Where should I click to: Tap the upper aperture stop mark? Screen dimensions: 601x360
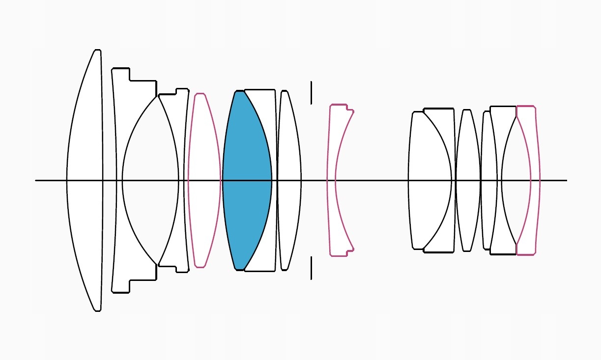click(x=311, y=93)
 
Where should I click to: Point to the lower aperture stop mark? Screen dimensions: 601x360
click(x=311, y=268)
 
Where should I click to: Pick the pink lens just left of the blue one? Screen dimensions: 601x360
click(x=204, y=180)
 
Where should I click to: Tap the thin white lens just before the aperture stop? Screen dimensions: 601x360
click(x=289, y=180)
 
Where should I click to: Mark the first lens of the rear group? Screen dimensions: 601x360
click(x=429, y=180)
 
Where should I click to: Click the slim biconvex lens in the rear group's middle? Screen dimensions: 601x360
click(x=467, y=180)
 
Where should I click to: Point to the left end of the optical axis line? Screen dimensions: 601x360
click(x=36, y=180)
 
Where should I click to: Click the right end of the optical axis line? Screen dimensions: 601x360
click(x=566, y=180)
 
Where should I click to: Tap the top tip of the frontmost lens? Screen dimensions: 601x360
click(x=97, y=50)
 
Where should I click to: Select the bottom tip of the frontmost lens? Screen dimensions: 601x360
click(x=97, y=310)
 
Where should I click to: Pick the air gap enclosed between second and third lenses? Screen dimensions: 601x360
click(x=150, y=180)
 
